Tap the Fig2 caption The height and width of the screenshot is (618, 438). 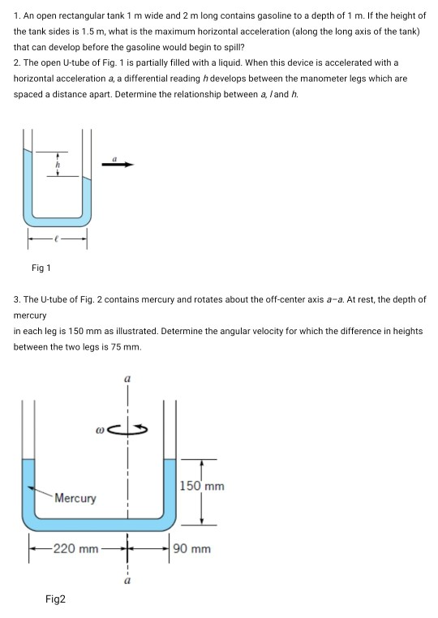tap(56, 599)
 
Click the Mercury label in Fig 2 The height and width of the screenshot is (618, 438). tap(75, 498)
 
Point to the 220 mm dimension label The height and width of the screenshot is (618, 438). tap(75, 549)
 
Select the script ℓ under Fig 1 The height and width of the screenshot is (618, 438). tap(56, 238)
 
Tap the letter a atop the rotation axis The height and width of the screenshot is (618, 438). tap(127, 378)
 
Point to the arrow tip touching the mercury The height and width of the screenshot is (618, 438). tap(28, 487)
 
